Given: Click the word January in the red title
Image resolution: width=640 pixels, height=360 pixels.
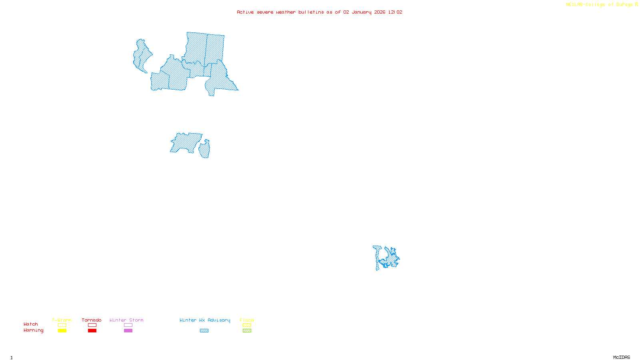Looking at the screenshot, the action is point(362,12).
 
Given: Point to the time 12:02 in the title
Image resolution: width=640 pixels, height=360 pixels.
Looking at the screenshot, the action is point(395,12).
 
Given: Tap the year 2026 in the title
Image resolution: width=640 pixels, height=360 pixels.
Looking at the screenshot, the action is point(380,12).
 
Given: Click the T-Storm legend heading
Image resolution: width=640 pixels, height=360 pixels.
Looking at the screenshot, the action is point(62,320).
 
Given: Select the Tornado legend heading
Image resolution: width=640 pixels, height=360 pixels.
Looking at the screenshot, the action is point(92,320).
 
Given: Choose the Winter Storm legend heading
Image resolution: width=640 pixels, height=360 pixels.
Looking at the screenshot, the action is point(126,320).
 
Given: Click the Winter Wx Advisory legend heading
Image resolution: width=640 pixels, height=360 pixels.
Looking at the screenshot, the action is point(205,320).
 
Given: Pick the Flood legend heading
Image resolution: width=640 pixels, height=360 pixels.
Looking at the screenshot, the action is point(247,320).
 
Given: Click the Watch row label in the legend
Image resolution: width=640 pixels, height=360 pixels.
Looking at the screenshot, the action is point(31,324).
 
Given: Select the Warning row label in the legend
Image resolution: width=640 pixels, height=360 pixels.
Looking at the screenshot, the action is point(34,330).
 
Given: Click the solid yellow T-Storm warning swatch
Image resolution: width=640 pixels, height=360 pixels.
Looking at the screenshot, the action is point(62,331).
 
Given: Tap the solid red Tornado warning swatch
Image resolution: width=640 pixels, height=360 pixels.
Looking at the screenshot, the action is point(92,331).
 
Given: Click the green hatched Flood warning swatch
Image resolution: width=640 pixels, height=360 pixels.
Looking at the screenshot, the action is point(247,331).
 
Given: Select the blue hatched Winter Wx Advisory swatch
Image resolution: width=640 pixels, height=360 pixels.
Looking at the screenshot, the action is point(204,331).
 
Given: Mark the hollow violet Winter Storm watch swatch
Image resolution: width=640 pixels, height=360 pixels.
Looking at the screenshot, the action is point(128,325).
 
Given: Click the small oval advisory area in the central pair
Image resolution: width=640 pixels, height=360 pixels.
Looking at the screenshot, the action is point(205,150).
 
